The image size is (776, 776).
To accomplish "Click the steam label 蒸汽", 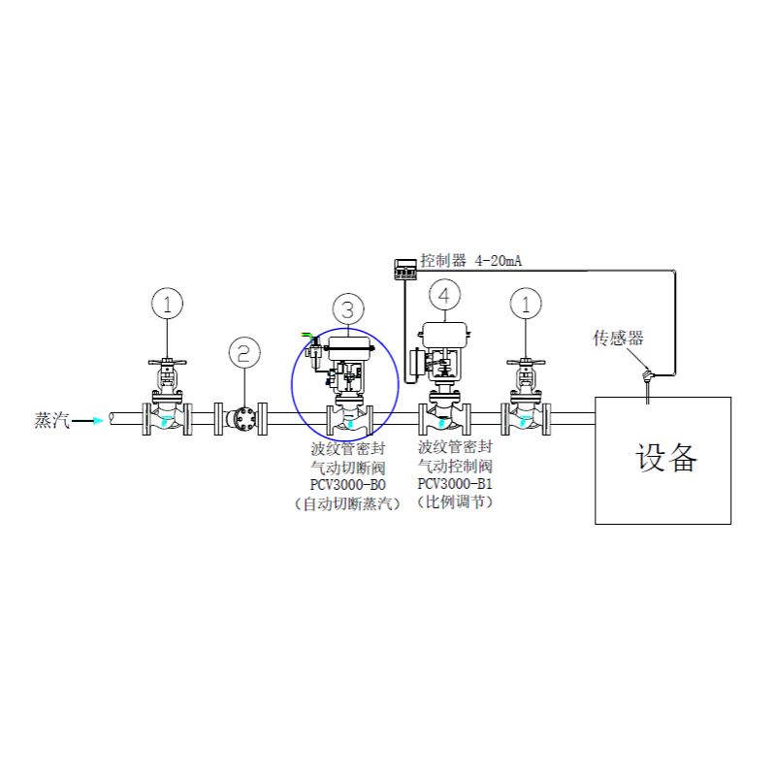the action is coord(51,420).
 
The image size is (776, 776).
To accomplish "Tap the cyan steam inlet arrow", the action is coord(88,421).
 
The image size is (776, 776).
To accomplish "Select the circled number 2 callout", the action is coord(244,353).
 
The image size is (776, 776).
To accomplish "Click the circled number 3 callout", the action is coord(348,309).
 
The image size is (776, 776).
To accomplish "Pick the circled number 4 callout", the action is coord(444,296).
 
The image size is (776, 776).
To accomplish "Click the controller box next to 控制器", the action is coord(405,270).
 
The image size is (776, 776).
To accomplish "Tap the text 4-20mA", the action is coord(499,261).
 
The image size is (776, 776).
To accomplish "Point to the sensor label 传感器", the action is coord(618,338).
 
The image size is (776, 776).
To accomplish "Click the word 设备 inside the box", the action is coord(666,458).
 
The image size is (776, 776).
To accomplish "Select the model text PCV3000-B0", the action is coord(348,485).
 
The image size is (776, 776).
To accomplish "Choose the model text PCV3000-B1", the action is coord(455,483).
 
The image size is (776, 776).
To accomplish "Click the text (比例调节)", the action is coord(455,501).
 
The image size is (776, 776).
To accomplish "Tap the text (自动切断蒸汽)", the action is coord(348,503).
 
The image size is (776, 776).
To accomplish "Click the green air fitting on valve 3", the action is coord(309,338).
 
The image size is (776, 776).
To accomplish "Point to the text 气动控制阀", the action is coord(455,466).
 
